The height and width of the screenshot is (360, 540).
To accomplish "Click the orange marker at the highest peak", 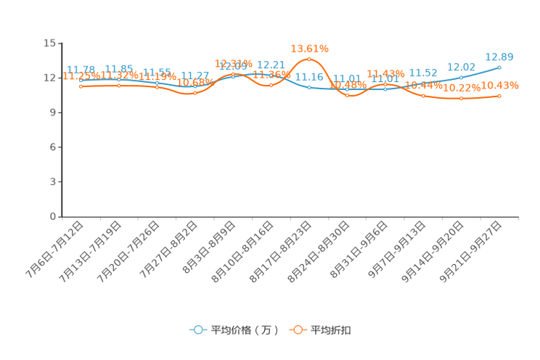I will [310, 58].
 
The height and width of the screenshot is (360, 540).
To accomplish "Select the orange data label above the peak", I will [310, 48].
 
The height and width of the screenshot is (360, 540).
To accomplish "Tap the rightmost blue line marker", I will [499, 67].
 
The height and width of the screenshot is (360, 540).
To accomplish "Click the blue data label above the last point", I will [499, 56].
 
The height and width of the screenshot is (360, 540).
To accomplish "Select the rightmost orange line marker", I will [500, 96].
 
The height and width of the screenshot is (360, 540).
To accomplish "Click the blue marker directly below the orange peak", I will [310, 87].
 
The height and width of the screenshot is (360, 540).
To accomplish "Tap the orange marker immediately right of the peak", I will [348, 95].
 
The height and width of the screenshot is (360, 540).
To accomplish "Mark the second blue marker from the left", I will [119, 79].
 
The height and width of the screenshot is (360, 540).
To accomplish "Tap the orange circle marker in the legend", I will [298, 330].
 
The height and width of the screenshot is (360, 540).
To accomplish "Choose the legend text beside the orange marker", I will [332, 330].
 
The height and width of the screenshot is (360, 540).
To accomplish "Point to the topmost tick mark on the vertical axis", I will [59, 43].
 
